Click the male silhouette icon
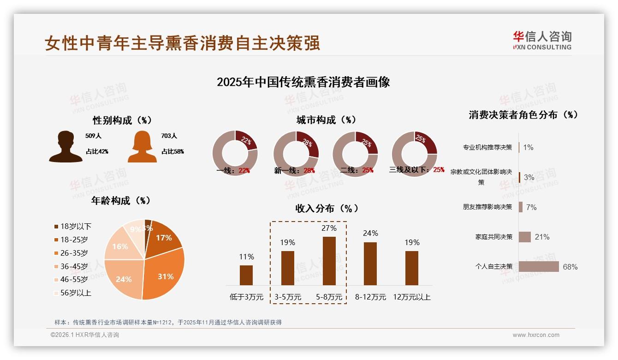[65, 146]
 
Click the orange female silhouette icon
[142, 146]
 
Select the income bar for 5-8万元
[329, 261]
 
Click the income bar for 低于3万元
[246, 275]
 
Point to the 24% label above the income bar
[370, 233]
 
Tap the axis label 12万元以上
[412, 297]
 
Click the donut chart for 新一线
[296, 154]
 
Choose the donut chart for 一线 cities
[235, 154]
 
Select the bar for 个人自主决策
[539, 266]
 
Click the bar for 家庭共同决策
[525, 237]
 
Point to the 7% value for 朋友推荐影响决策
[531, 207]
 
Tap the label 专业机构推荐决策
[487, 147]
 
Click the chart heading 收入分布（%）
[327, 208]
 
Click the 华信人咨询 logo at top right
[542, 40]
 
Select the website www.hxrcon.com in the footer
[536, 335]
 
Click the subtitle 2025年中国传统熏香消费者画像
[303, 82]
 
